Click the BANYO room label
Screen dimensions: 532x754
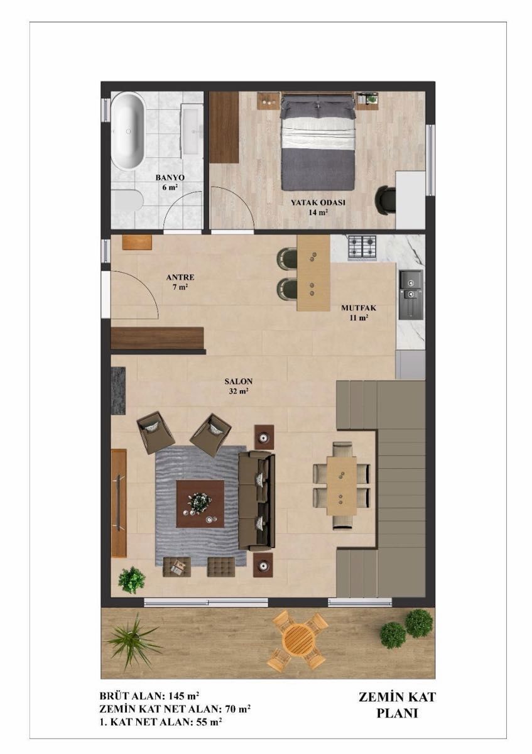[170, 177]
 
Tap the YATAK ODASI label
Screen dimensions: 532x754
[318, 202]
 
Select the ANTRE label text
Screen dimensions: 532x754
[180, 277]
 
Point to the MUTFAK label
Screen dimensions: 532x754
[359, 308]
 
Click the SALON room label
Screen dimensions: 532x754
[239, 381]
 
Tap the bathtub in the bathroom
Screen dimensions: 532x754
[128, 131]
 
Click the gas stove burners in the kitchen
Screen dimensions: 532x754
[362, 248]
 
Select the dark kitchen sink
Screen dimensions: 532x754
[411, 295]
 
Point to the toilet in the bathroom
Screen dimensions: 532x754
[128, 202]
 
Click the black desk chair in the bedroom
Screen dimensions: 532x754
[386, 200]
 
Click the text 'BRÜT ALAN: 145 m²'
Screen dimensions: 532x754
[149, 696]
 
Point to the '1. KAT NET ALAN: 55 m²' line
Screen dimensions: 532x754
[161, 721]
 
